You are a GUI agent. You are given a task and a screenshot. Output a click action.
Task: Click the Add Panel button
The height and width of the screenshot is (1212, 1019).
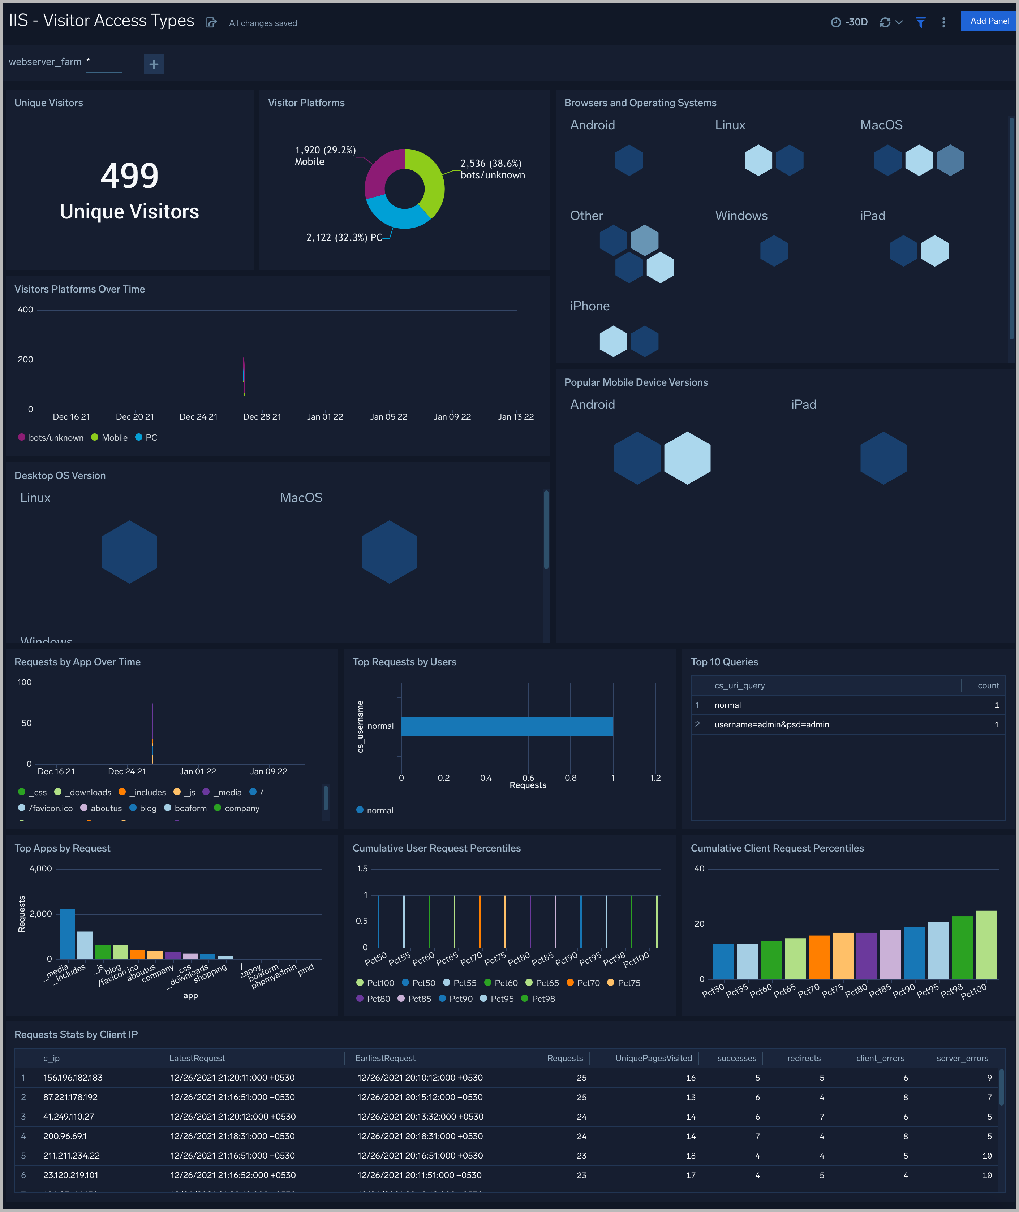pos(989,21)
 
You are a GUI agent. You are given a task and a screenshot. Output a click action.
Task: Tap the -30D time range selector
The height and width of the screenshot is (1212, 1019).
pos(849,22)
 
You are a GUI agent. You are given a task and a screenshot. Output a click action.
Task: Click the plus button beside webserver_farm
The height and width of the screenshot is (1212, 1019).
pos(154,64)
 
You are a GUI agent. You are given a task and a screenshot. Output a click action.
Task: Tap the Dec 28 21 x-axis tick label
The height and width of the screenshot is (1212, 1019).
pos(262,417)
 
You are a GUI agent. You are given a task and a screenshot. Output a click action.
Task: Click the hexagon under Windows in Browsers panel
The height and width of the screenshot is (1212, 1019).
pos(774,251)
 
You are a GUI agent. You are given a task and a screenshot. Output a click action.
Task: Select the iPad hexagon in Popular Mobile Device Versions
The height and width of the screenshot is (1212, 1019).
pos(883,458)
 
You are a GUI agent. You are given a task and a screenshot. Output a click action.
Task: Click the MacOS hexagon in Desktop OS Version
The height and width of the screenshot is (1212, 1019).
pos(389,552)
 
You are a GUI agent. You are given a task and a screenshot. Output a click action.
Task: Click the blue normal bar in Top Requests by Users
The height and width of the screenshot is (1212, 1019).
pos(507,726)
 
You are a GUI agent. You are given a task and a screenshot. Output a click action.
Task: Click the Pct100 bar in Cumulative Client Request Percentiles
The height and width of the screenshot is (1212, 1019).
pos(985,945)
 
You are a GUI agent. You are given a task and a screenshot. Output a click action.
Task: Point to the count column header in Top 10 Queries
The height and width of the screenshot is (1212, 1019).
pos(988,685)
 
